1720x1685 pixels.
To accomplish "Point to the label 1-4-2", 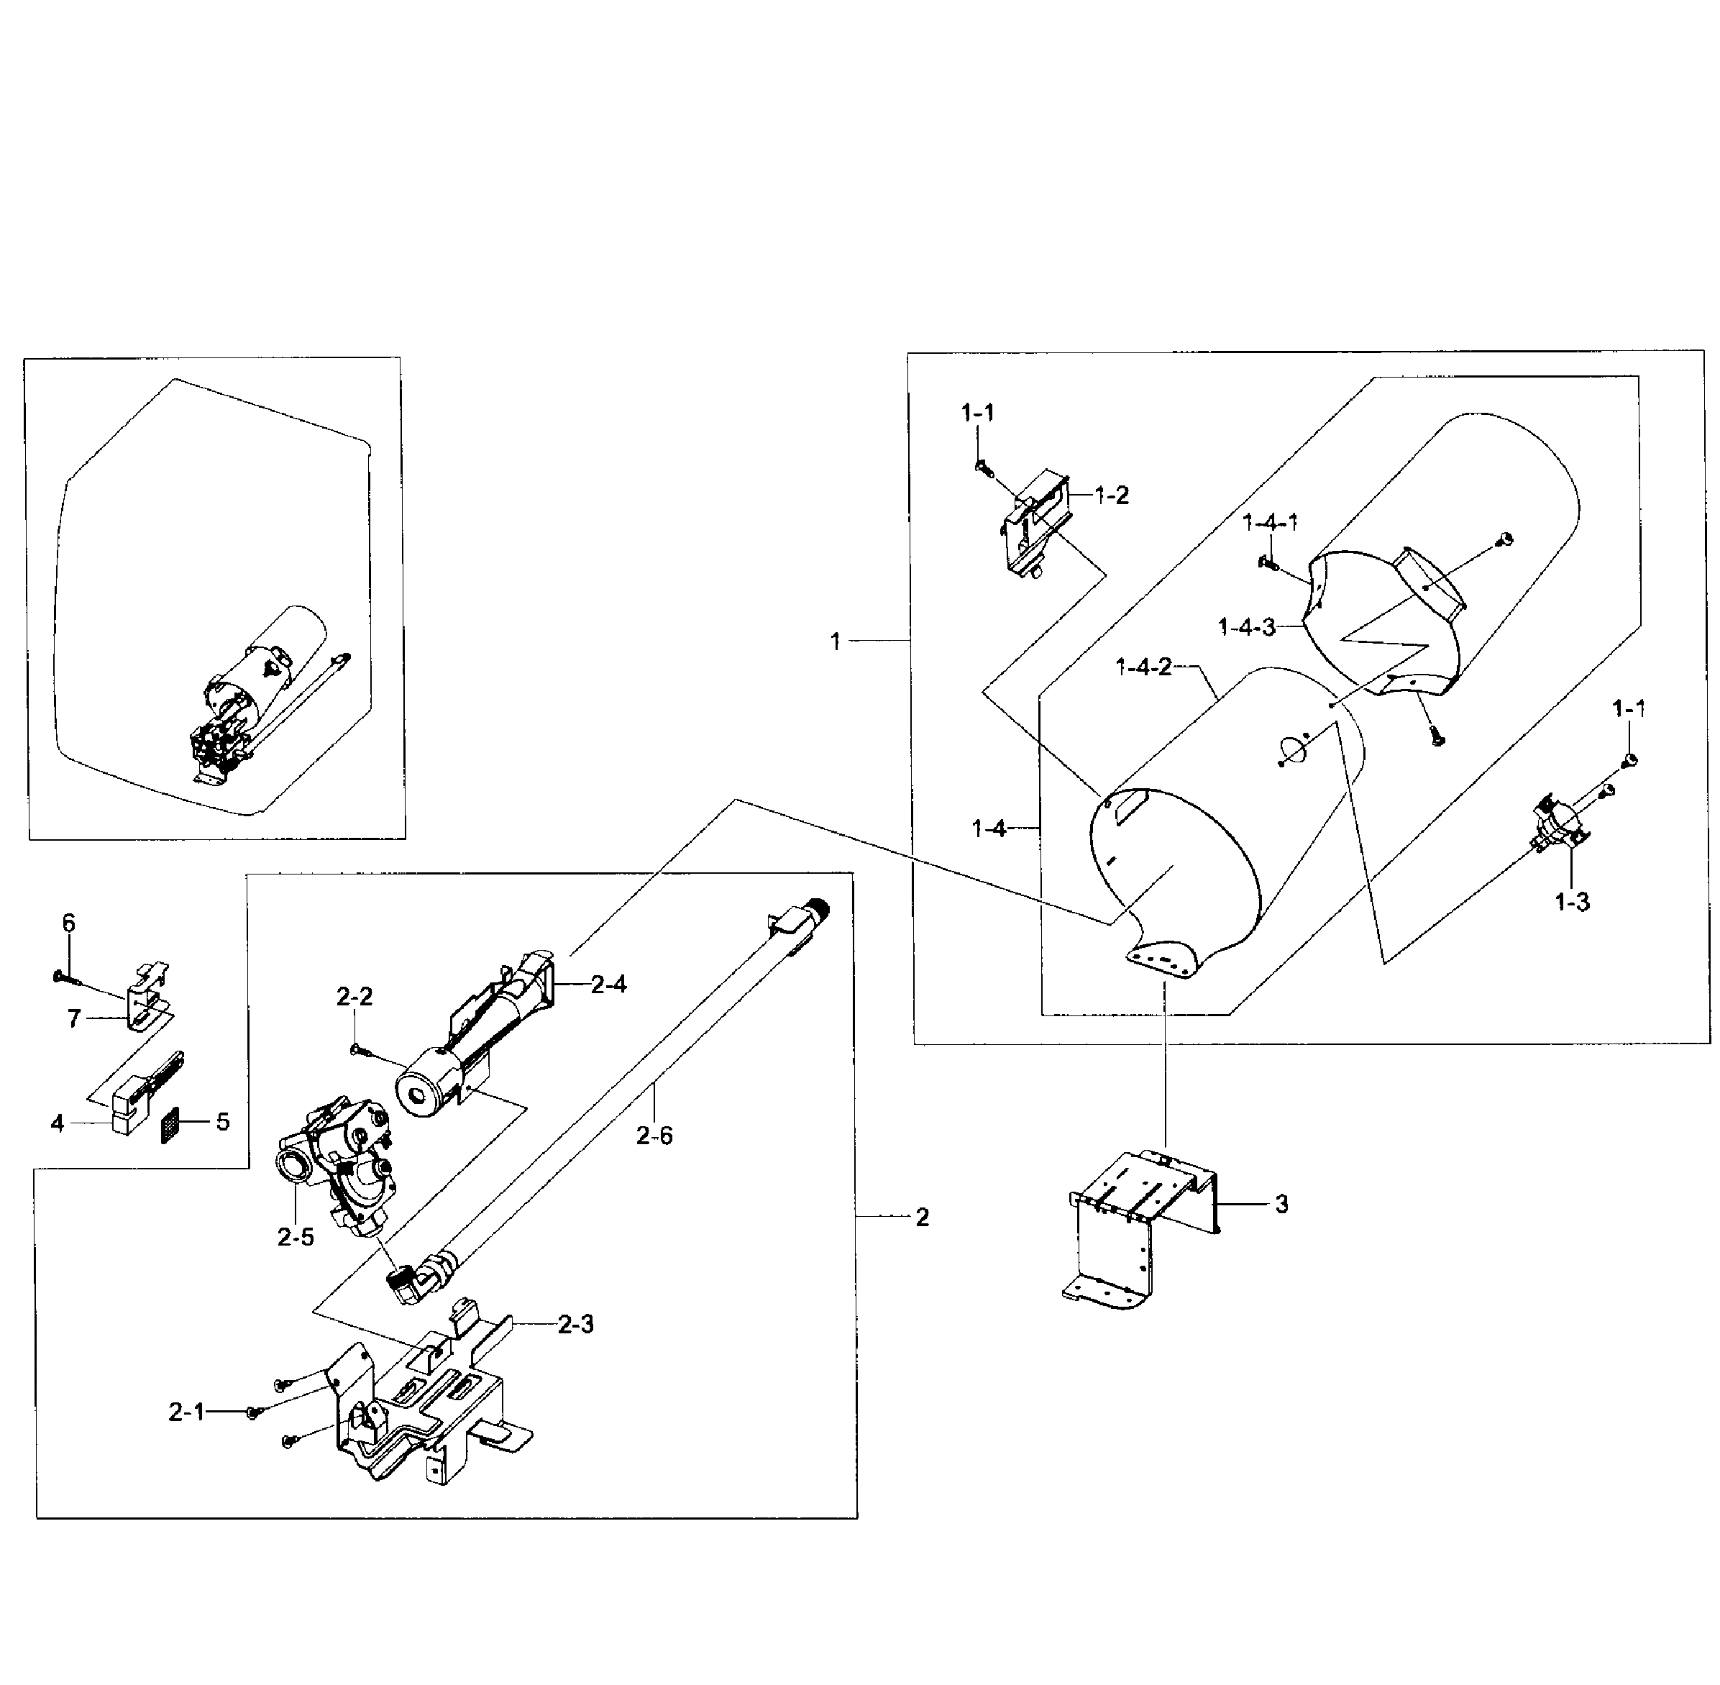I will tap(1143, 667).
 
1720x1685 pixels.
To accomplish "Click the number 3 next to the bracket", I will tap(1281, 1204).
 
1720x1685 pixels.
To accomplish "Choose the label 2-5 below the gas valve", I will tap(295, 1237).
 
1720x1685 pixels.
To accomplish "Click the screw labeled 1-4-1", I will tap(1267, 562).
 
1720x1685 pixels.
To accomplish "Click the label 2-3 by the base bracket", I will tap(575, 1324).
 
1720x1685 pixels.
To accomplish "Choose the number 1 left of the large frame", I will tap(836, 641).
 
